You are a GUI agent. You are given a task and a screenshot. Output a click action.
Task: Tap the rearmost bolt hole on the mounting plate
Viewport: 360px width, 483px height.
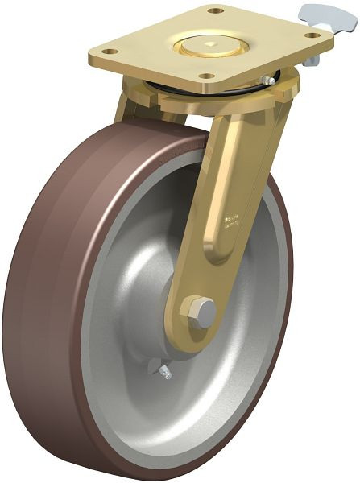point(214,11)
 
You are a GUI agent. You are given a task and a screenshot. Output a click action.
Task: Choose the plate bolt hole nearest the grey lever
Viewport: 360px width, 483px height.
point(310,35)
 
